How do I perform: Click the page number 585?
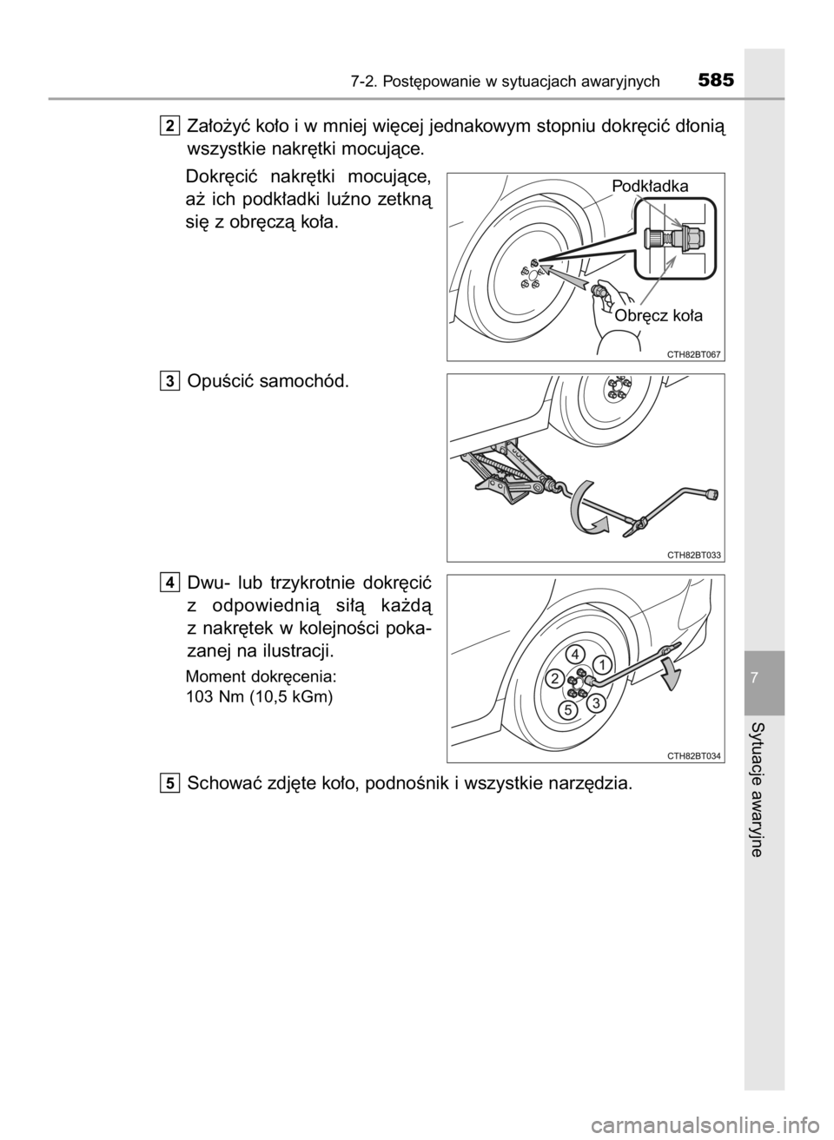click(717, 81)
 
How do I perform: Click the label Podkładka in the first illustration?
click(650, 187)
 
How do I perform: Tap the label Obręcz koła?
click(659, 316)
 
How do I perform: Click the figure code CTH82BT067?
click(694, 355)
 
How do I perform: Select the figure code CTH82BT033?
click(694, 556)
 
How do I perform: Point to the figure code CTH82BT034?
click(694, 756)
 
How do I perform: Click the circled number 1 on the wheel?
click(602, 665)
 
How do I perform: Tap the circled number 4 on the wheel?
click(575, 654)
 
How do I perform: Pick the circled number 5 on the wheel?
click(567, 709)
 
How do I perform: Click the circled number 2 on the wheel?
click(555, 678)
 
